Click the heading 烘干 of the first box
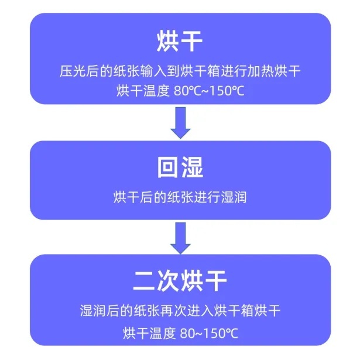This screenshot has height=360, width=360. (x=180, y=42)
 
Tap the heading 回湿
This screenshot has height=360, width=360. (x=180, y=167)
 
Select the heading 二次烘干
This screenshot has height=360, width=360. (x=180, y=281)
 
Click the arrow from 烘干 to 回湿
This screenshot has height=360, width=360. (x=180, y=122)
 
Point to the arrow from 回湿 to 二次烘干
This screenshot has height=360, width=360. (x=180, y=238)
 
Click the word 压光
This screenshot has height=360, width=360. (x=73, y=71)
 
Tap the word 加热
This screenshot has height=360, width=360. (x=260, y=71)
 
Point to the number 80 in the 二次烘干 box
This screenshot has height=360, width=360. (x=187, y=334)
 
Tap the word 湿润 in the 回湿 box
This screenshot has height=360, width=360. (x=234, y=197)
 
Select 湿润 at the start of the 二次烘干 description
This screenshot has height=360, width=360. (x=93, y=311)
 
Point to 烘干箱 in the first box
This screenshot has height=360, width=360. (x=200, y=71)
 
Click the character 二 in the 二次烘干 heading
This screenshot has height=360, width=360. (x=145, y=281)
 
